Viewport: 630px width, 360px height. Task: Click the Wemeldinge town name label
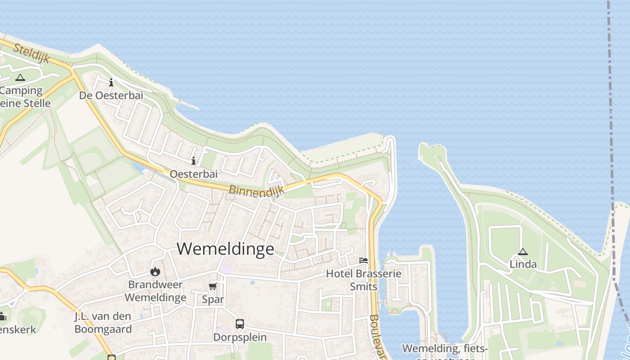coord(225,249)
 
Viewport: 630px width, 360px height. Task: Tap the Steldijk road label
coord(31,54)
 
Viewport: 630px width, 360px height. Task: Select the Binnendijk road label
coord(256,191)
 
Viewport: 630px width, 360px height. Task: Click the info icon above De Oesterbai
coord(111,82)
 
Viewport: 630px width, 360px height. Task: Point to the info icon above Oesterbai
coord(193,161)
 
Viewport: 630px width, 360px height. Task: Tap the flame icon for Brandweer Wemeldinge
coord(155,271)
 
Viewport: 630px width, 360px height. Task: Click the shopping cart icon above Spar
coord(213,287)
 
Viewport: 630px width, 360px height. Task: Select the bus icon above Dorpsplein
coord(240,324)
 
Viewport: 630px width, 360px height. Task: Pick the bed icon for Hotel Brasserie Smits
coord(364,261)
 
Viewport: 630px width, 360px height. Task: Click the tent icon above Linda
coord(522,252)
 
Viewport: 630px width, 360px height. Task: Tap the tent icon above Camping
coord(20,78)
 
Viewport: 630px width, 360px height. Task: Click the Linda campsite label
coord(523,264)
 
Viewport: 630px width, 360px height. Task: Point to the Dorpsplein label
coord(240,337)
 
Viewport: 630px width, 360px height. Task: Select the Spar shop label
coord(213,299)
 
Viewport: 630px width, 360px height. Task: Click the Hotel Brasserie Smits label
coord(364,280)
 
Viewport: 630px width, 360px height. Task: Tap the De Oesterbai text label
coord(111,95)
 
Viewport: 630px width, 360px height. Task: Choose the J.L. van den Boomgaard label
coord(103,323)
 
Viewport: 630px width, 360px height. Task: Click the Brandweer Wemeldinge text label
coord(155,291)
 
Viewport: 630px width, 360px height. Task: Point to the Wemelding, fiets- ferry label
coord(445,349)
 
